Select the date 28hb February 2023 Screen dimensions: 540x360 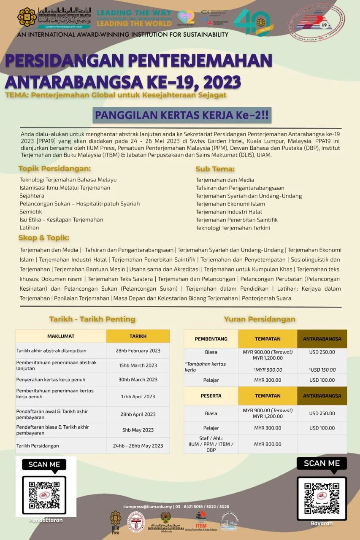click(138, 351)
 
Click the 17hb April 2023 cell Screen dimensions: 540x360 click(138, 397)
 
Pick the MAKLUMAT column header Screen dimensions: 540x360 click(61, 336)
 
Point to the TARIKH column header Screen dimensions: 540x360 click(138, 336)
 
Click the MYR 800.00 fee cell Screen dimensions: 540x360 click(268, 444)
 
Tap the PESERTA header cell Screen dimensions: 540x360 click(211, 396)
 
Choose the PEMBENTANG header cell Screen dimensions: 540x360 click(211, 339)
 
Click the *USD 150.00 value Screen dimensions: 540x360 click(322, 370)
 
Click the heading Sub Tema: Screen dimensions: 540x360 click(215, 169)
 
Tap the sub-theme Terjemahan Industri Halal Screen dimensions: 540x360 click(229, 212)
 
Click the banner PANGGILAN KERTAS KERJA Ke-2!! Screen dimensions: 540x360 click(182, 115)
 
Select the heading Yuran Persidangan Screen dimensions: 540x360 click(260, 319)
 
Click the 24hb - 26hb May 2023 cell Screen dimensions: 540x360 click(138, 445)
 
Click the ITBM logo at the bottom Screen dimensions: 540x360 click(201, 521)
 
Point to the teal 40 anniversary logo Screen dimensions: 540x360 click(252, 22)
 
